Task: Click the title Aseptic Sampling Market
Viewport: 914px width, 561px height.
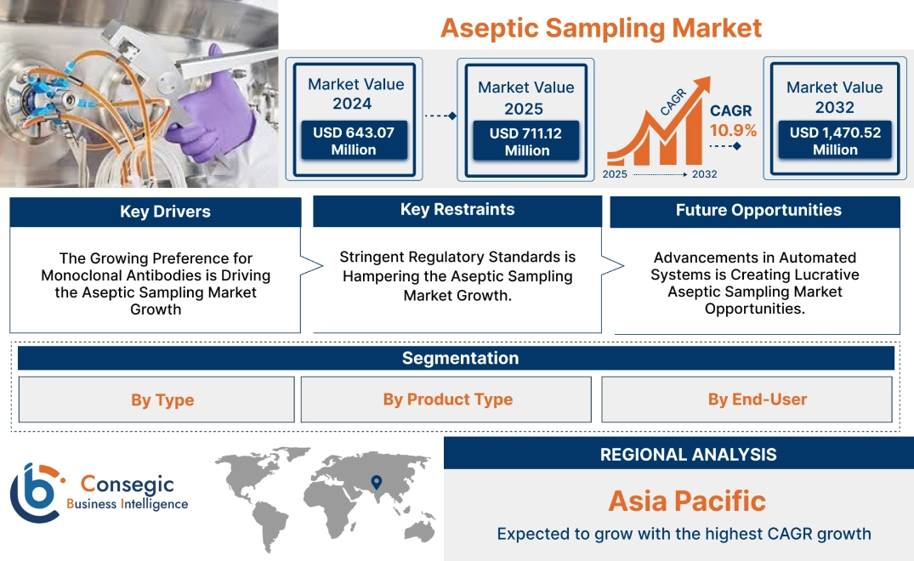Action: click(x=600, y=27)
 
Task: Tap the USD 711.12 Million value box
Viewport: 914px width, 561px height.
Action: click(x=526, y=141)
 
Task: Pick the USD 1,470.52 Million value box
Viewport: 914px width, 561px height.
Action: click(x=835, y=140)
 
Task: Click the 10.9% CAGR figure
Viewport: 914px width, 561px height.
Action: click(x=734, y=131)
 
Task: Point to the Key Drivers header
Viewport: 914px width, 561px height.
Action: click(x=165, y=212)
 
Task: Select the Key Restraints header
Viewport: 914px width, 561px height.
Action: click(x=457, y=210)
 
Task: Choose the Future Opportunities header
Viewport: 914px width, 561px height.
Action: click(x=758, y=211)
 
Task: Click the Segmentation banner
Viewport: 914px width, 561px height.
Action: click(x=460, y=358)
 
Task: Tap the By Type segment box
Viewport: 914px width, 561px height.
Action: click(x=162, y=399)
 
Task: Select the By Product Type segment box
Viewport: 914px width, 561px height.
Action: click(x=447, y=399)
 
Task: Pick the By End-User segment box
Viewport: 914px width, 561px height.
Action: click(x=757, y=399)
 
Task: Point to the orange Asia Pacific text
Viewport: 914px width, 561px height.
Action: click(x=687, y=501)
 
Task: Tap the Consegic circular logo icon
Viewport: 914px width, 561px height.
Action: click(x=36, y=492)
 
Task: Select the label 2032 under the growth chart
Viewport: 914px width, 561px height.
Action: click(x=704, y=174)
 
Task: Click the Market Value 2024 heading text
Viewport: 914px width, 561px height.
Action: click(x=355, y=93)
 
